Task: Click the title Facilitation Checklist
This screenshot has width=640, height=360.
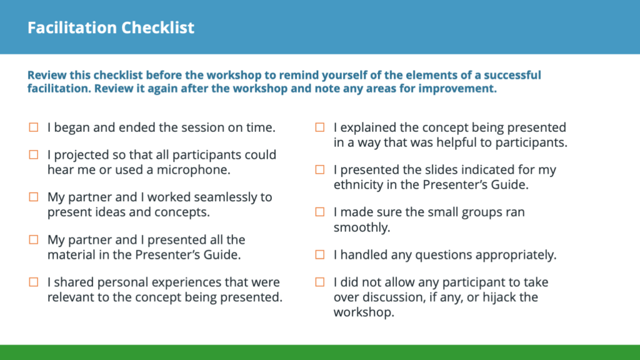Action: click(x=111, y=27)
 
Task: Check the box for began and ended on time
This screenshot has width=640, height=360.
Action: click(x=34, y=127)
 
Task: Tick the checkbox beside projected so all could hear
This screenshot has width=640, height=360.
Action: click(x=34, y=155)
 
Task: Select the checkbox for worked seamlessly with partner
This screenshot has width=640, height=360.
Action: click(x=34, y=197)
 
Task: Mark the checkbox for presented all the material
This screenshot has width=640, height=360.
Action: click(x=34, y=239)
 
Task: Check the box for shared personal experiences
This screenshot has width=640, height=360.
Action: click(x=34, y=282)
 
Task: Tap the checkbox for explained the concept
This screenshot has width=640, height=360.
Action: click(x=320, y=127)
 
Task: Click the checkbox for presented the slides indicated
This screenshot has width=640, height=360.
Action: click(x=320, y=169)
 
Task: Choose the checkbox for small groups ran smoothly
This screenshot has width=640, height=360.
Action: click(x=320, y=212)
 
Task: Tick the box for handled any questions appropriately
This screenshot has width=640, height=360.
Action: click(x=320, y=255)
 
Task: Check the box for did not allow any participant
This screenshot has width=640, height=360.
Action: click(x=320, y=282)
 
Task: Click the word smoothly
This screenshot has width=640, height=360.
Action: click(x=362, y=227)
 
